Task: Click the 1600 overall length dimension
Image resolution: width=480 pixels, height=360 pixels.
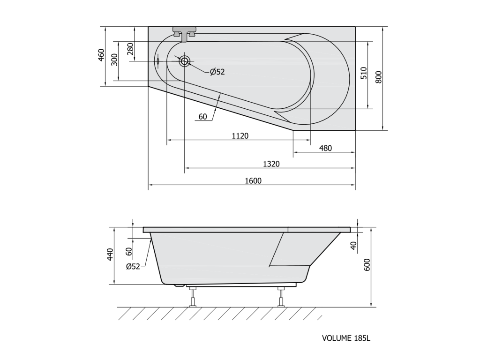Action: point(253,180)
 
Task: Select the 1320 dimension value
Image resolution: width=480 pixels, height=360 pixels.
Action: point(271,164)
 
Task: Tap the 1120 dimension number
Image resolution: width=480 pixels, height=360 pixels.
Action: point(240,135)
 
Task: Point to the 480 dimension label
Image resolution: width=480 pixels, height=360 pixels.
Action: point(325,148)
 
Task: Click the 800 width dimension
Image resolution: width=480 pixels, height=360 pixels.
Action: point(378,77)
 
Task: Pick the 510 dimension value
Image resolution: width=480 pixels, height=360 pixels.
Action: point(364,74)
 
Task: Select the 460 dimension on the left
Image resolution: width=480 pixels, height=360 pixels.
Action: point(102,55)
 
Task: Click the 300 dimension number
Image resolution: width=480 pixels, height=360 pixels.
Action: point(114,60)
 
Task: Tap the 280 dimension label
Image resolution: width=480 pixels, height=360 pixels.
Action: point(131,49)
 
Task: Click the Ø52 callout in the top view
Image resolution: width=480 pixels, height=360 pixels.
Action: point(217,72)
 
